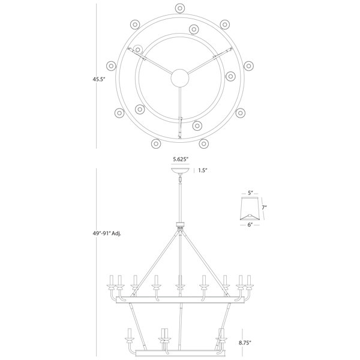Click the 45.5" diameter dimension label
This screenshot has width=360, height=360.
pos(99,79)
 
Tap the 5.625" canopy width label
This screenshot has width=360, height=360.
pos(181,160)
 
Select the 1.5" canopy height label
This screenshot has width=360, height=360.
pos(203,170)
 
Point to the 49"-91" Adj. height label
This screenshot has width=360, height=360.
pos(107,233)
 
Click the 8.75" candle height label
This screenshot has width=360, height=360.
pos(245,343)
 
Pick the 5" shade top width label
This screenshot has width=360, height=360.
pos(250,193)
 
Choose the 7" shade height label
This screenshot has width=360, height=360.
pos(264,208)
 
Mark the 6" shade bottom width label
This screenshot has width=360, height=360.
pos(250,225)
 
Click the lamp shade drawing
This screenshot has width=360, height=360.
pos(250,208)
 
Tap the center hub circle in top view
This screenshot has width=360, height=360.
pos(180,78)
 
